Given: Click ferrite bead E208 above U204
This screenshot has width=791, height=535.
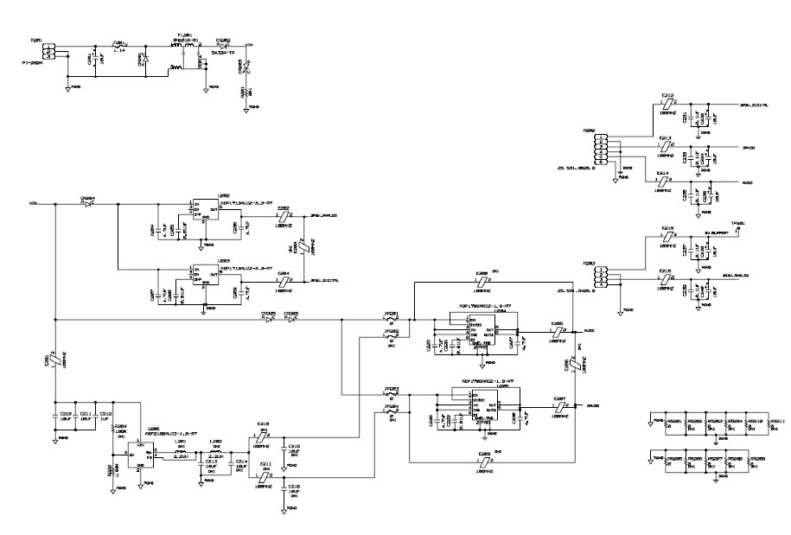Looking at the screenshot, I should [x=482, y=280].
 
